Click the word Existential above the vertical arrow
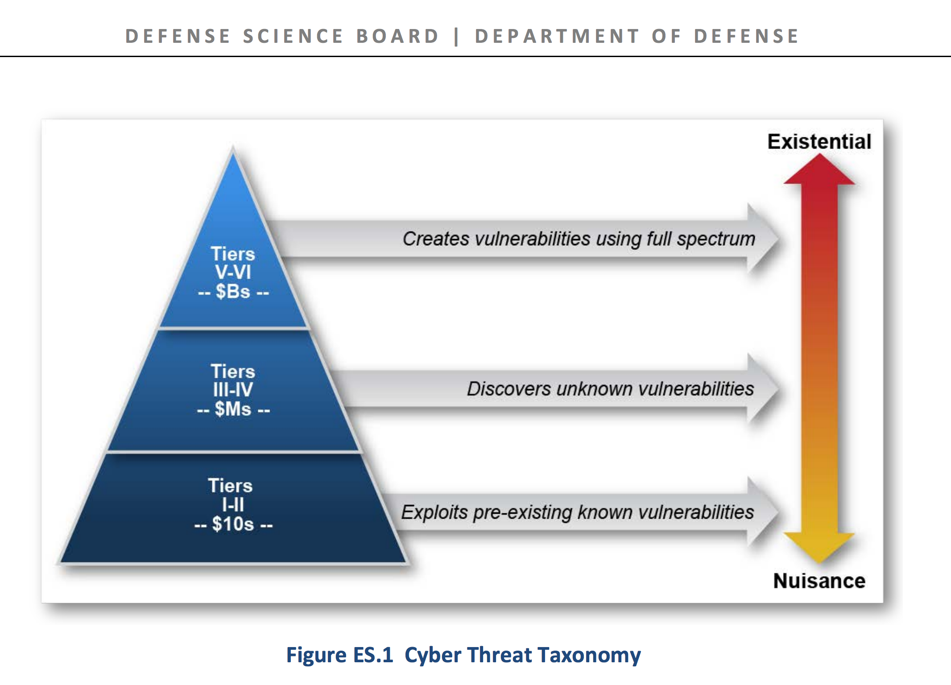[x=819, y=142]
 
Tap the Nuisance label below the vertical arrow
[x=819, y=581]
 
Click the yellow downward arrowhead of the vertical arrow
[x=819, y=547]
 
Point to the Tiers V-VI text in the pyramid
[x=233, y=263]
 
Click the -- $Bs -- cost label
[x=233, y=292]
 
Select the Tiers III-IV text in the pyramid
[x=233, y=380]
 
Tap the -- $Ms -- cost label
[x=233, y=409]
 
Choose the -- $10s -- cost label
[x=233, y=524]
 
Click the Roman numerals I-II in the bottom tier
[x=233, y=505]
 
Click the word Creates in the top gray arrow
[x=436, y=239]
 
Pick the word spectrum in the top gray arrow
[x=716, y=239]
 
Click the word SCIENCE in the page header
[x=293, y=36]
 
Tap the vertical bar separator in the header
[x=456, y=36]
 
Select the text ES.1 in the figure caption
[x=373, y=655]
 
